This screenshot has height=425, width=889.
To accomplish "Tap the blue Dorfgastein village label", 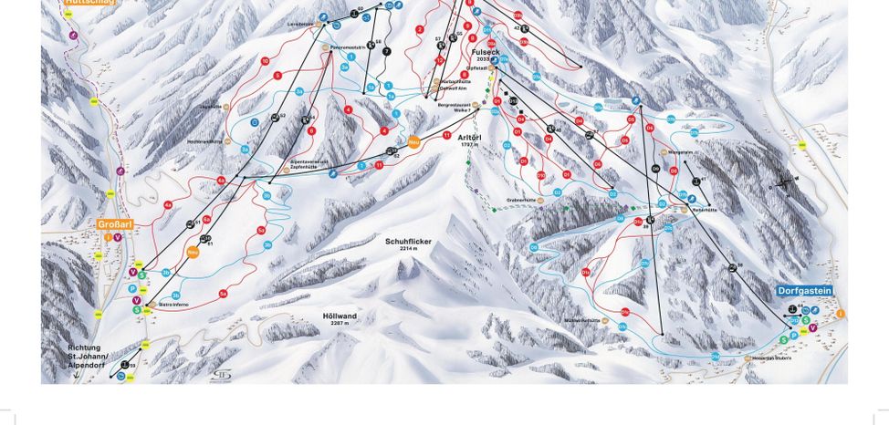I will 805,291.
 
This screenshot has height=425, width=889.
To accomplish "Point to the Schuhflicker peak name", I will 407,242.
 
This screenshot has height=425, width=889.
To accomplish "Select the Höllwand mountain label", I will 340,316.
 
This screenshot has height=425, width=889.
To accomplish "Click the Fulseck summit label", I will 485,53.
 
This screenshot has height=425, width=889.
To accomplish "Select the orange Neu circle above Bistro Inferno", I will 193,253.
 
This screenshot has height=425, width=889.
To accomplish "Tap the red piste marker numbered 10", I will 265,61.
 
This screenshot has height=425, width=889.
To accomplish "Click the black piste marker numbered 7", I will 386,52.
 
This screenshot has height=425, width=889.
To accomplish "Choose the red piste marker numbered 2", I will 419,29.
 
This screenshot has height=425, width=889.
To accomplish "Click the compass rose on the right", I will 783,183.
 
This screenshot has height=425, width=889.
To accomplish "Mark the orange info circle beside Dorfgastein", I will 841,314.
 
